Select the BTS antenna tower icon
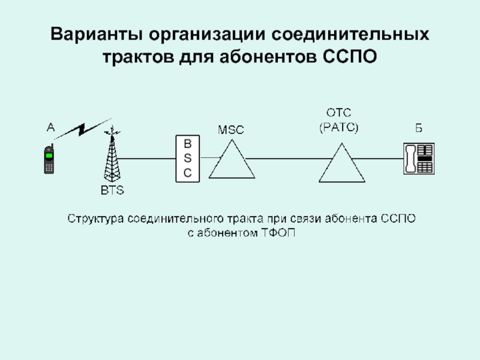(x=110, y=157)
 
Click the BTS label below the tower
(x=111, y=191)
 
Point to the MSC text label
(x=231, y=130)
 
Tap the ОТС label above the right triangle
(x=338, y=113)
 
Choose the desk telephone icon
(x=419, y=158)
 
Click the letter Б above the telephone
(x=419, y=128)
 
